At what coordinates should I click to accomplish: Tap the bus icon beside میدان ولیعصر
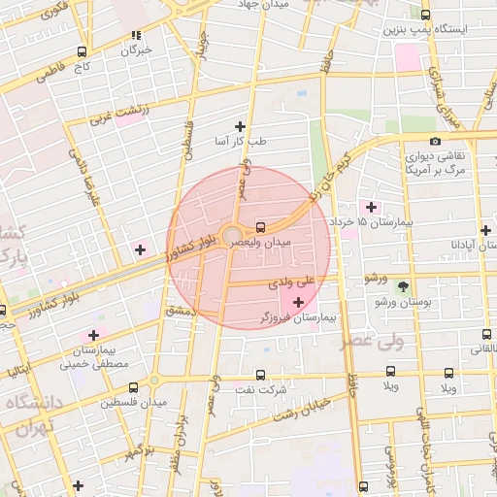click(x=259, y=227)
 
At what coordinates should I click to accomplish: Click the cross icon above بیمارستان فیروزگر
click(x=297, y=303)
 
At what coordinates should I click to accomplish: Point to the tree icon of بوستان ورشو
click(x=404, y=285)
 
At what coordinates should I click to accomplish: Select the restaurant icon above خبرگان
click(x=136, y=36)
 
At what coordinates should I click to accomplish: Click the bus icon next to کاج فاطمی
click(x=82, y=51)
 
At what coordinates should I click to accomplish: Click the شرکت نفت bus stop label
click(x=268, y=389)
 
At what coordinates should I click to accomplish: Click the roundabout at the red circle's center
click(x=233, y=236)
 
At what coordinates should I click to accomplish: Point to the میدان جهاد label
click(x=272, y=4)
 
